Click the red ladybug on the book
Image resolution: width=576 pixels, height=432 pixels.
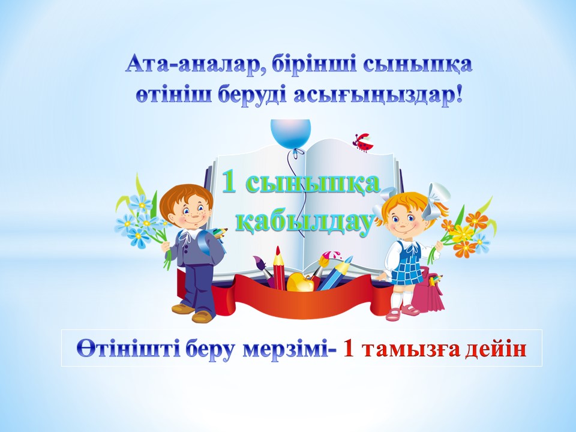363,143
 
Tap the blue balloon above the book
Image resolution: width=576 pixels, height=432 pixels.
290,134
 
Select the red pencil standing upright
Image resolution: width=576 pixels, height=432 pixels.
279,268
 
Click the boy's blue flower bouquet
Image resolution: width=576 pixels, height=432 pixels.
142,220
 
